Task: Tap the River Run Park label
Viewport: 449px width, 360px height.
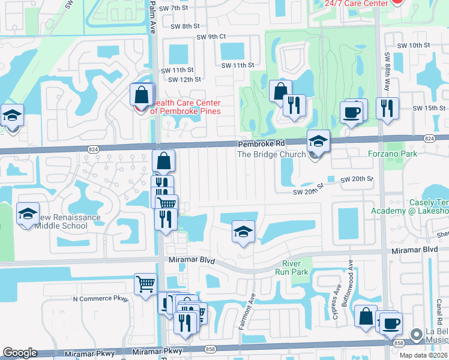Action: point(295,268)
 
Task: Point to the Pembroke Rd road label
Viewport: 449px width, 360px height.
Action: point(260,144)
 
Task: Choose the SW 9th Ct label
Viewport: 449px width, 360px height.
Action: point(212,37)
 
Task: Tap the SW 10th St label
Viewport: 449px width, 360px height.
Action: point(414,45)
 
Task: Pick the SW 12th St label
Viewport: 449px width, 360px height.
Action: point(184,79)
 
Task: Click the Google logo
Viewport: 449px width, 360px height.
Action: point(20,353)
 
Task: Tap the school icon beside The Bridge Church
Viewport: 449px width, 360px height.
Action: point(318,142)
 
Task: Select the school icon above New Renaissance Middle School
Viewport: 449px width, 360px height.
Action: point(27,214)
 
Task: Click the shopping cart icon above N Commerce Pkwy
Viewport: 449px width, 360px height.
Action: point(145,284)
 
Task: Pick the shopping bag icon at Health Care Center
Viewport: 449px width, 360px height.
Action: point(141,95)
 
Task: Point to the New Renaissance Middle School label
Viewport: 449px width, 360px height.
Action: point(53,221)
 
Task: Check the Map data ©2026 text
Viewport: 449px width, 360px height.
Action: point(423,355)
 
